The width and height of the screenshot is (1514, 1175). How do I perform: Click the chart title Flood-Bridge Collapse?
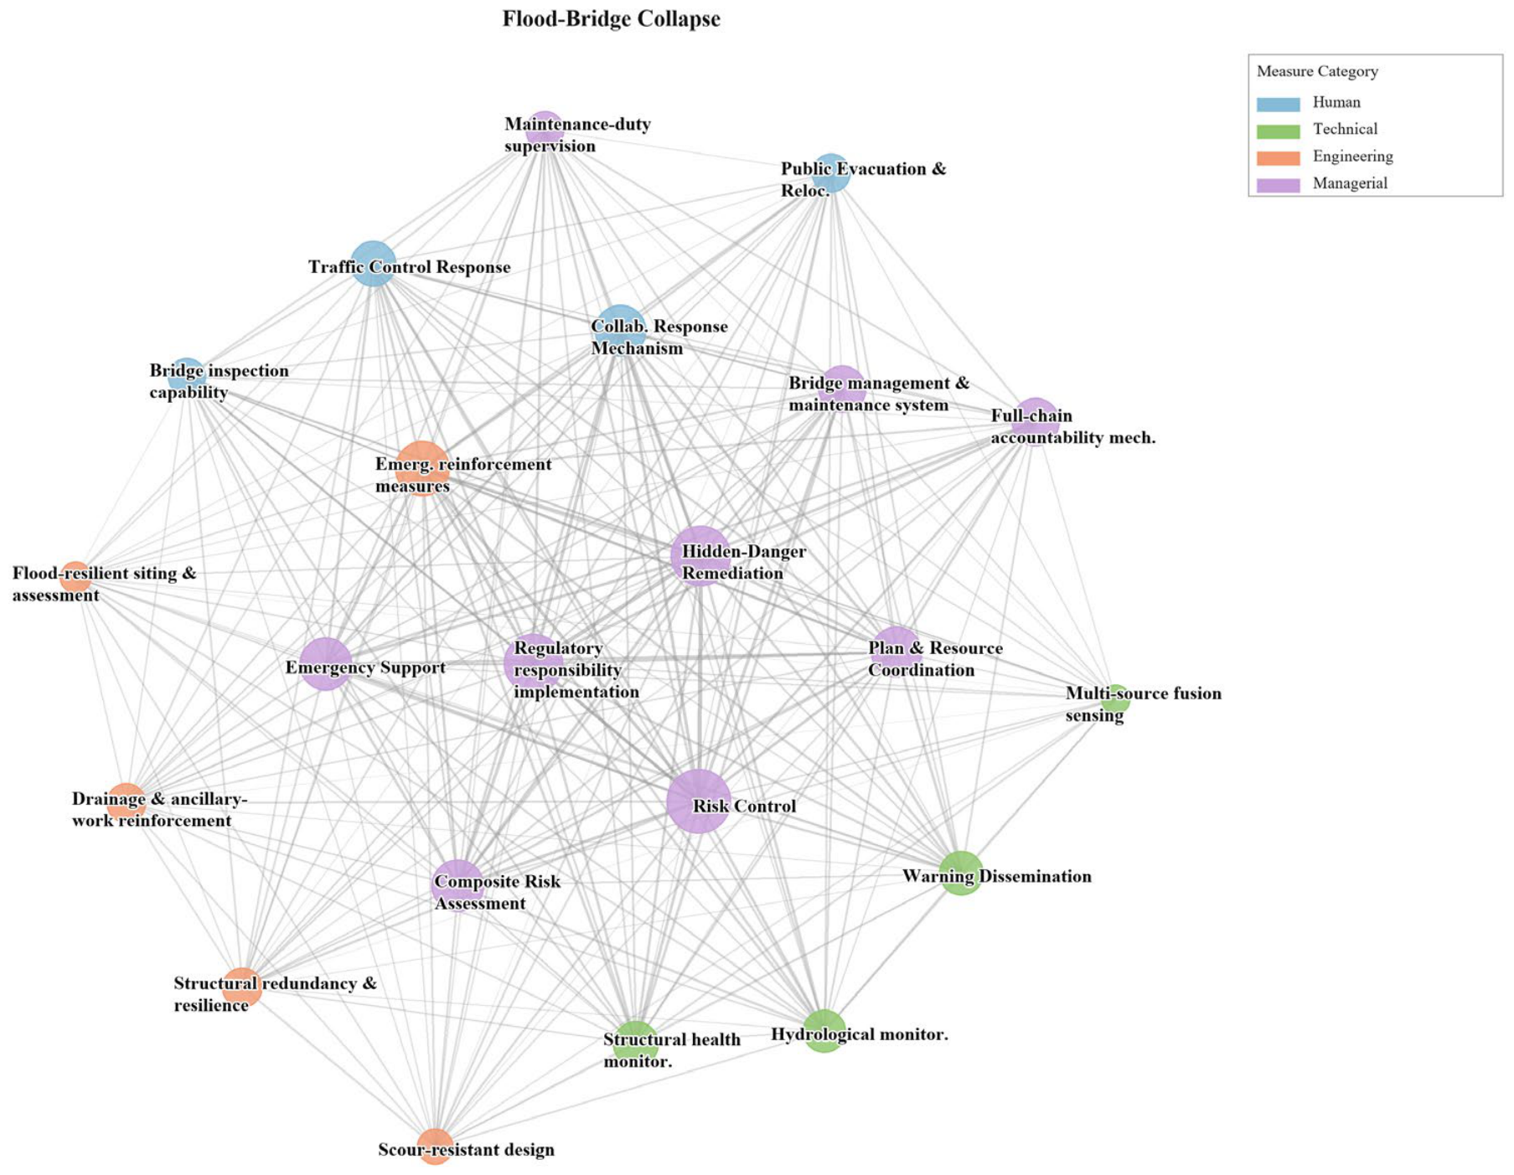pos(611,19)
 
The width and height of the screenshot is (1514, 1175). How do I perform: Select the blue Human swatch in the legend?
pos(1278,104)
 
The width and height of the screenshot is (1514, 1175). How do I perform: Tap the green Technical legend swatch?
pos(1278,131)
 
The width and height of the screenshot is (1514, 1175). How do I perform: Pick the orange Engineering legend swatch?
pos(1278,157)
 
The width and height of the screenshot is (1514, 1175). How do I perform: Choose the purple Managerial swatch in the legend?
pos(1278,184)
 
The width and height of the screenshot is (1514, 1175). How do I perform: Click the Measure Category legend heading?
pos(1317,72)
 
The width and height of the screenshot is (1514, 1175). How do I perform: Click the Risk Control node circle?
pos(699,801)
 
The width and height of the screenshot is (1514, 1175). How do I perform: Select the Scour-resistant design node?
pos(435,1147)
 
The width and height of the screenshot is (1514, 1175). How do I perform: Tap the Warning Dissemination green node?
pos(961,874)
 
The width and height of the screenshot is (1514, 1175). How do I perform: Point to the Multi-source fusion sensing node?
pos(1115,698)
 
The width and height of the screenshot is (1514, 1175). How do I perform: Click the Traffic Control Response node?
pos(374,263)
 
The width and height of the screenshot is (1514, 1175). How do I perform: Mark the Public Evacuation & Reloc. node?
pos(830,173)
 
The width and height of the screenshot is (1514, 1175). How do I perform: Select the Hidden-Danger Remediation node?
pos(700,556)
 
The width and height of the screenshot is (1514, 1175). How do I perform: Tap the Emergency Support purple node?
pos(325,664)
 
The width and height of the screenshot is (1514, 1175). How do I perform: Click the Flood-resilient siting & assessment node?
pos(75,577)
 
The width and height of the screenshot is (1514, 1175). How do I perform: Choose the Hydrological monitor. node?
pos(824,1031)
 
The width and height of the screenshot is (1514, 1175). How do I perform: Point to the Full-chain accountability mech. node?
pos(1035,422)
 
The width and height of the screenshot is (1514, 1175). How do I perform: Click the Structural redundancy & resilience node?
pos(242,987)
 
